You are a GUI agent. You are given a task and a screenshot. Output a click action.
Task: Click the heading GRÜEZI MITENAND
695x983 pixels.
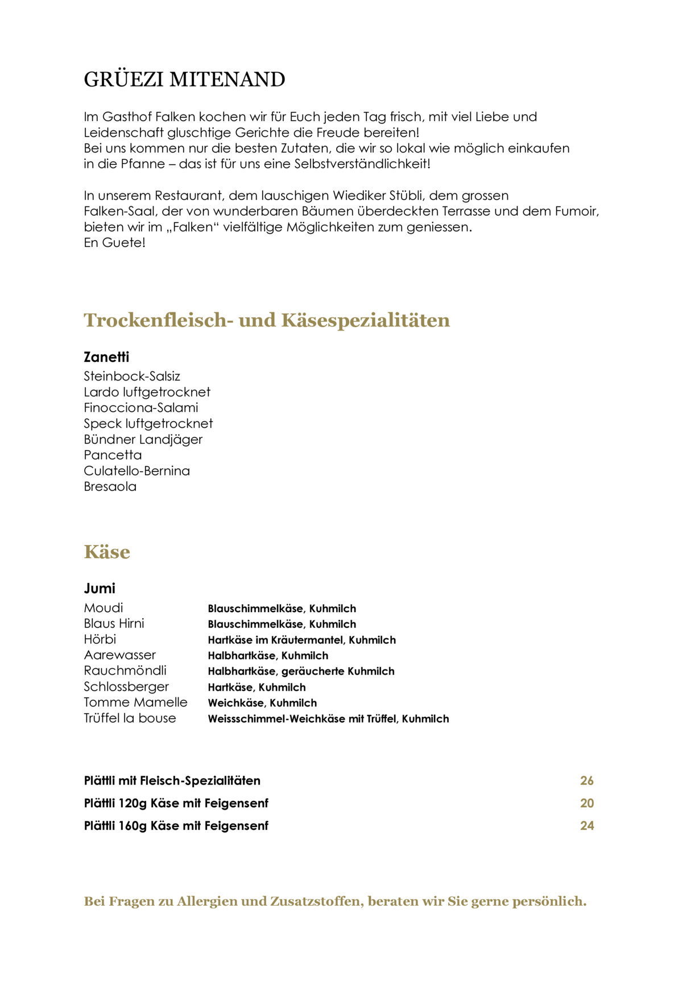[184, 80]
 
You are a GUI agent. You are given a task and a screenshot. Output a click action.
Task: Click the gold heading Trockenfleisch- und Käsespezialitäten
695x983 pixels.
[267, 320]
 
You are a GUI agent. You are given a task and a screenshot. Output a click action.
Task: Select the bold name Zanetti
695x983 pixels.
[106, 357]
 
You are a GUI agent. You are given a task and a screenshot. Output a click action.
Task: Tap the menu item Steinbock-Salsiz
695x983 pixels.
[132, 377]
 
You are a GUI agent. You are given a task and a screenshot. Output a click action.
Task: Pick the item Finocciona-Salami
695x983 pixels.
[141, 408]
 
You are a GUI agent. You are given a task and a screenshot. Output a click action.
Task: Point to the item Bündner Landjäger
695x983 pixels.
[143, 440]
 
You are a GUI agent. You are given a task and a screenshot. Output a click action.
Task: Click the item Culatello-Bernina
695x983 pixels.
[136, 471]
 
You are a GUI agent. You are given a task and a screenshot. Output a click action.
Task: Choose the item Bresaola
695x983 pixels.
[110, 487]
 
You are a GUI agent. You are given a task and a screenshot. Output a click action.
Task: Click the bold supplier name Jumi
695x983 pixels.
[100, 589]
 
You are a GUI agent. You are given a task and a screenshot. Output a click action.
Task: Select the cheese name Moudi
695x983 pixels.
[104, 608]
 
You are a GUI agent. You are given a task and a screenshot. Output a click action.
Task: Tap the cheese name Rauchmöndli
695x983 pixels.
[125, 671]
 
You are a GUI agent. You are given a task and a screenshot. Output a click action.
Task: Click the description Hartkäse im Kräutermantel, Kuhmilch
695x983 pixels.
[301, 640]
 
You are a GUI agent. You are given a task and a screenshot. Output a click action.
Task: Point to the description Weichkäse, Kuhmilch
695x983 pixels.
[262, 703]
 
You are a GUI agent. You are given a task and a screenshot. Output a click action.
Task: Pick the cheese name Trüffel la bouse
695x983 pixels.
[130, 718]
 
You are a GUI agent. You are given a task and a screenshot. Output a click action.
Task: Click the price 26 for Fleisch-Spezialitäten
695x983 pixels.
[587, 781]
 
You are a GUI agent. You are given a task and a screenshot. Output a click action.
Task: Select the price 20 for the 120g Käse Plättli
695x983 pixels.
[587, 803]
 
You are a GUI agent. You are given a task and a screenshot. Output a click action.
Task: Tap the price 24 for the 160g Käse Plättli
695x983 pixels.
[587, 826]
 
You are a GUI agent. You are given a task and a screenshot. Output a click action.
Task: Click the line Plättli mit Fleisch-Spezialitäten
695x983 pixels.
[172, 781]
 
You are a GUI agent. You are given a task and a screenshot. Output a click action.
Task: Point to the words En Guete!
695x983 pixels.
[114, 243]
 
